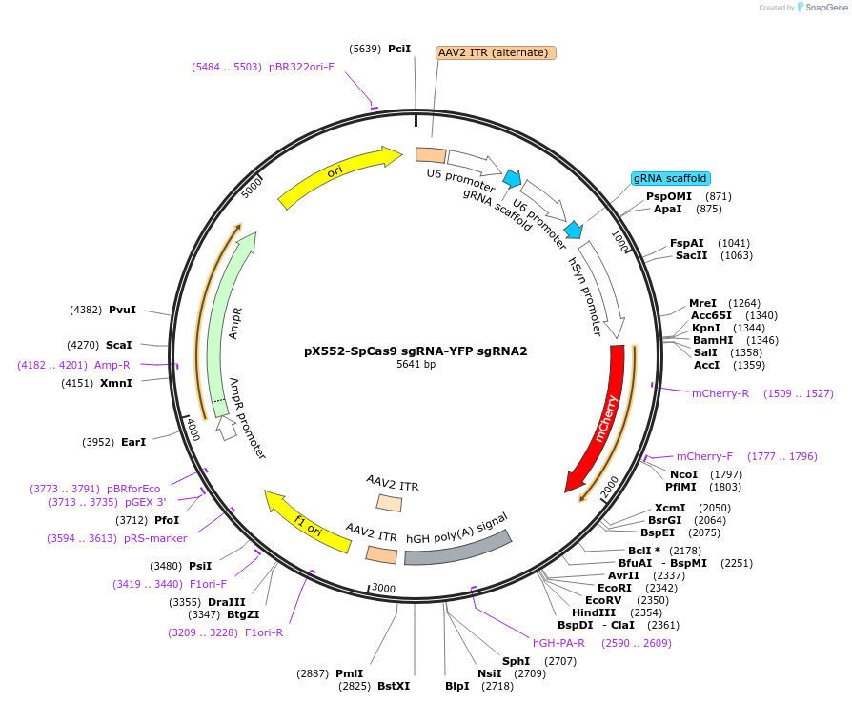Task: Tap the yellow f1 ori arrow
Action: click(307, 521)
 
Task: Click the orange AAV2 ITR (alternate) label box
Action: click(496, 52)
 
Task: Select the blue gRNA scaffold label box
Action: click(671, 178)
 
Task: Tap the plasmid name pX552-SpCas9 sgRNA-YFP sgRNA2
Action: click(416, 351)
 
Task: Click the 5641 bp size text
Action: click(416, 364)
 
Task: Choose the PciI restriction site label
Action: click(399, 49)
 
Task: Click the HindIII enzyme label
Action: click(594, 612)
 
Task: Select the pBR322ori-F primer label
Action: click(301, 67)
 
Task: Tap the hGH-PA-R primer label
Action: click(558, 643)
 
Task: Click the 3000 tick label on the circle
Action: click(384, 588)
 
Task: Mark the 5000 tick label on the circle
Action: click(251, 189)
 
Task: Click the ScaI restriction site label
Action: click(118, 346)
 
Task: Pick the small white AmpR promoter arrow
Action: click(226, 429)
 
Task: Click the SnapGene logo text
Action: click(826, 7)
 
